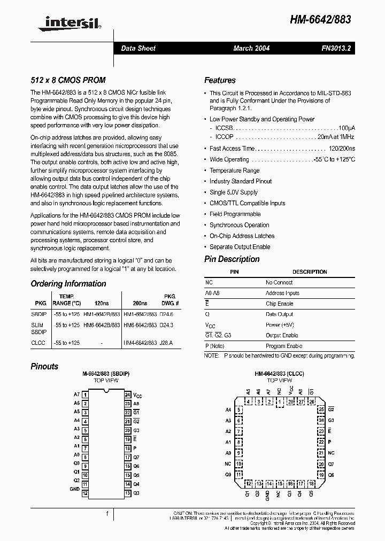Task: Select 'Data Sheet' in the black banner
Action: coord(138,48)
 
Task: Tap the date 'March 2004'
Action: coord(251,48)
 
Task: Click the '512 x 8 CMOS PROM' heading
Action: coord(68,80)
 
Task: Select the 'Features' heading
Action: coord(220,80)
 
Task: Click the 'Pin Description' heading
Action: coord(232,259)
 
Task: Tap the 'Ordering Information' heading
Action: coord(68,284)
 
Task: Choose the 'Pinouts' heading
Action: coord(44,367)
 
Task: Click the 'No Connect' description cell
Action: coord(279,282)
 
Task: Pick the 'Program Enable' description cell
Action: coord(283,346)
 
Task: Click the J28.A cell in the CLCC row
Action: coord(168,343)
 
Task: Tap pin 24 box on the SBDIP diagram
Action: coord(128,395)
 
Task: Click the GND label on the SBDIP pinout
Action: coord(75,489)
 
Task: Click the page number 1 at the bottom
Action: coord(107,514)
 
